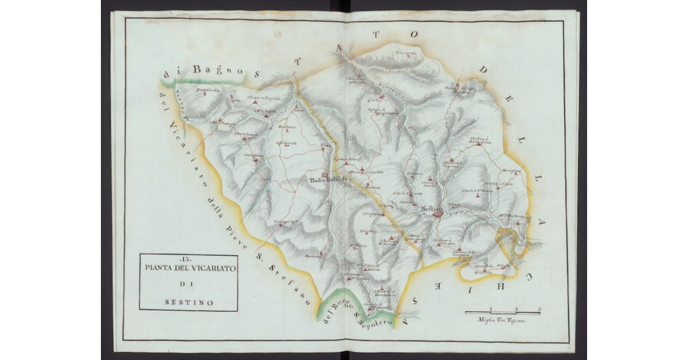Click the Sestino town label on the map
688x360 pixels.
point(431,209)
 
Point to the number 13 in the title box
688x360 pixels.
point(188,260)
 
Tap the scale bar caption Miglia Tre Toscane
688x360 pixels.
point(503,322)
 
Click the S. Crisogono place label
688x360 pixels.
point(372,213)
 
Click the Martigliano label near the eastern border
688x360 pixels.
point(511,170)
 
